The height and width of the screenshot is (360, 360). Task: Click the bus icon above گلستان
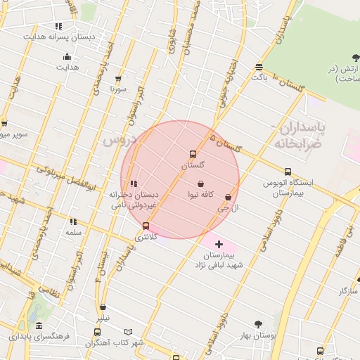pyautogui.click(x=193, y=154)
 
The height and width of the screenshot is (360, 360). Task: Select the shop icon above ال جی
pyautogui.click(x=228, y=198)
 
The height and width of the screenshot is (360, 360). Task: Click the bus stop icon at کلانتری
pyautogui.click(x=146, y=226)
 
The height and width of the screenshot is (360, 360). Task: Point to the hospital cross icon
pyautogui.click(x=219, y=243)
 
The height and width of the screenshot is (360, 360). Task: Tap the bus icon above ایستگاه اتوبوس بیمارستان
pyautogui.click(x=288, y=172)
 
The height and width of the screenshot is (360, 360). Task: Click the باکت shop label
pyautogui.click(x=260, y=77)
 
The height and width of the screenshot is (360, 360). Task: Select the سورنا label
pyautogui.click(x=117, y=89)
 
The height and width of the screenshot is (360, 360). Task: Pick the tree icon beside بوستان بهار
pyautogui.click(x=258, y=324)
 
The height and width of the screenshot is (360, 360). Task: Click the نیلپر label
pyautogui.click(x=103, y=318)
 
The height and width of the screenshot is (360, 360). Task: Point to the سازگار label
pyautogui.click(x=348, y=290)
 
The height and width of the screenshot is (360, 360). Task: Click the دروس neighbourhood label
pyautogui.click(x=118, y=140)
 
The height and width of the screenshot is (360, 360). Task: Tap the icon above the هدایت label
pyautogui.click(x=67, y=57)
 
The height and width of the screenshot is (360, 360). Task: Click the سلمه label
pyautogui.click(x=74, y=232)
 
